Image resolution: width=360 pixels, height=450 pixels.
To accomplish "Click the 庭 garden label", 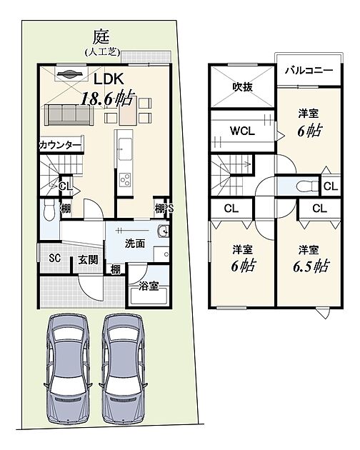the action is click(101, 37).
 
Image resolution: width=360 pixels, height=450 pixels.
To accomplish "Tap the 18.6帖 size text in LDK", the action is click(107, 99).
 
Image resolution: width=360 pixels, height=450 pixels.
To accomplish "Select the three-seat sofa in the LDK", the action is click(69, 115).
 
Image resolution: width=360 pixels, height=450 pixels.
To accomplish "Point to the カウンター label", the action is click(60, 146).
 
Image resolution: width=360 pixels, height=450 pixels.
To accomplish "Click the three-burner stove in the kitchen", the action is click(126, 180).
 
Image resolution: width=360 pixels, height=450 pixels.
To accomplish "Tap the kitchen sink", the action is click(125, 149).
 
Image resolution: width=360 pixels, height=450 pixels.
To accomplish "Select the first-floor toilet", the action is click(49, 210).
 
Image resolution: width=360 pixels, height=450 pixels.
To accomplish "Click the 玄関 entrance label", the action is click(88, 260).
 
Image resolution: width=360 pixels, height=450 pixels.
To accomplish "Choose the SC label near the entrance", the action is click(54, 259).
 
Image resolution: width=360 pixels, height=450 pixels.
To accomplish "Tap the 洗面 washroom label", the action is click(134, 244).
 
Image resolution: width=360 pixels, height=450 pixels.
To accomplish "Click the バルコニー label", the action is click(309, 70).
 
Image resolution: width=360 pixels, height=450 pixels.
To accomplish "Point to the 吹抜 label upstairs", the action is click(243, 86).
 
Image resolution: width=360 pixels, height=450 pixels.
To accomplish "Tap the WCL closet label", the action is click(243, 131).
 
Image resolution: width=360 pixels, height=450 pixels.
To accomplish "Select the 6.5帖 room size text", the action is click(311, 266).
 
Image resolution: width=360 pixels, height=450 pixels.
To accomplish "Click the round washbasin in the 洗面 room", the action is click(163, 230).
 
